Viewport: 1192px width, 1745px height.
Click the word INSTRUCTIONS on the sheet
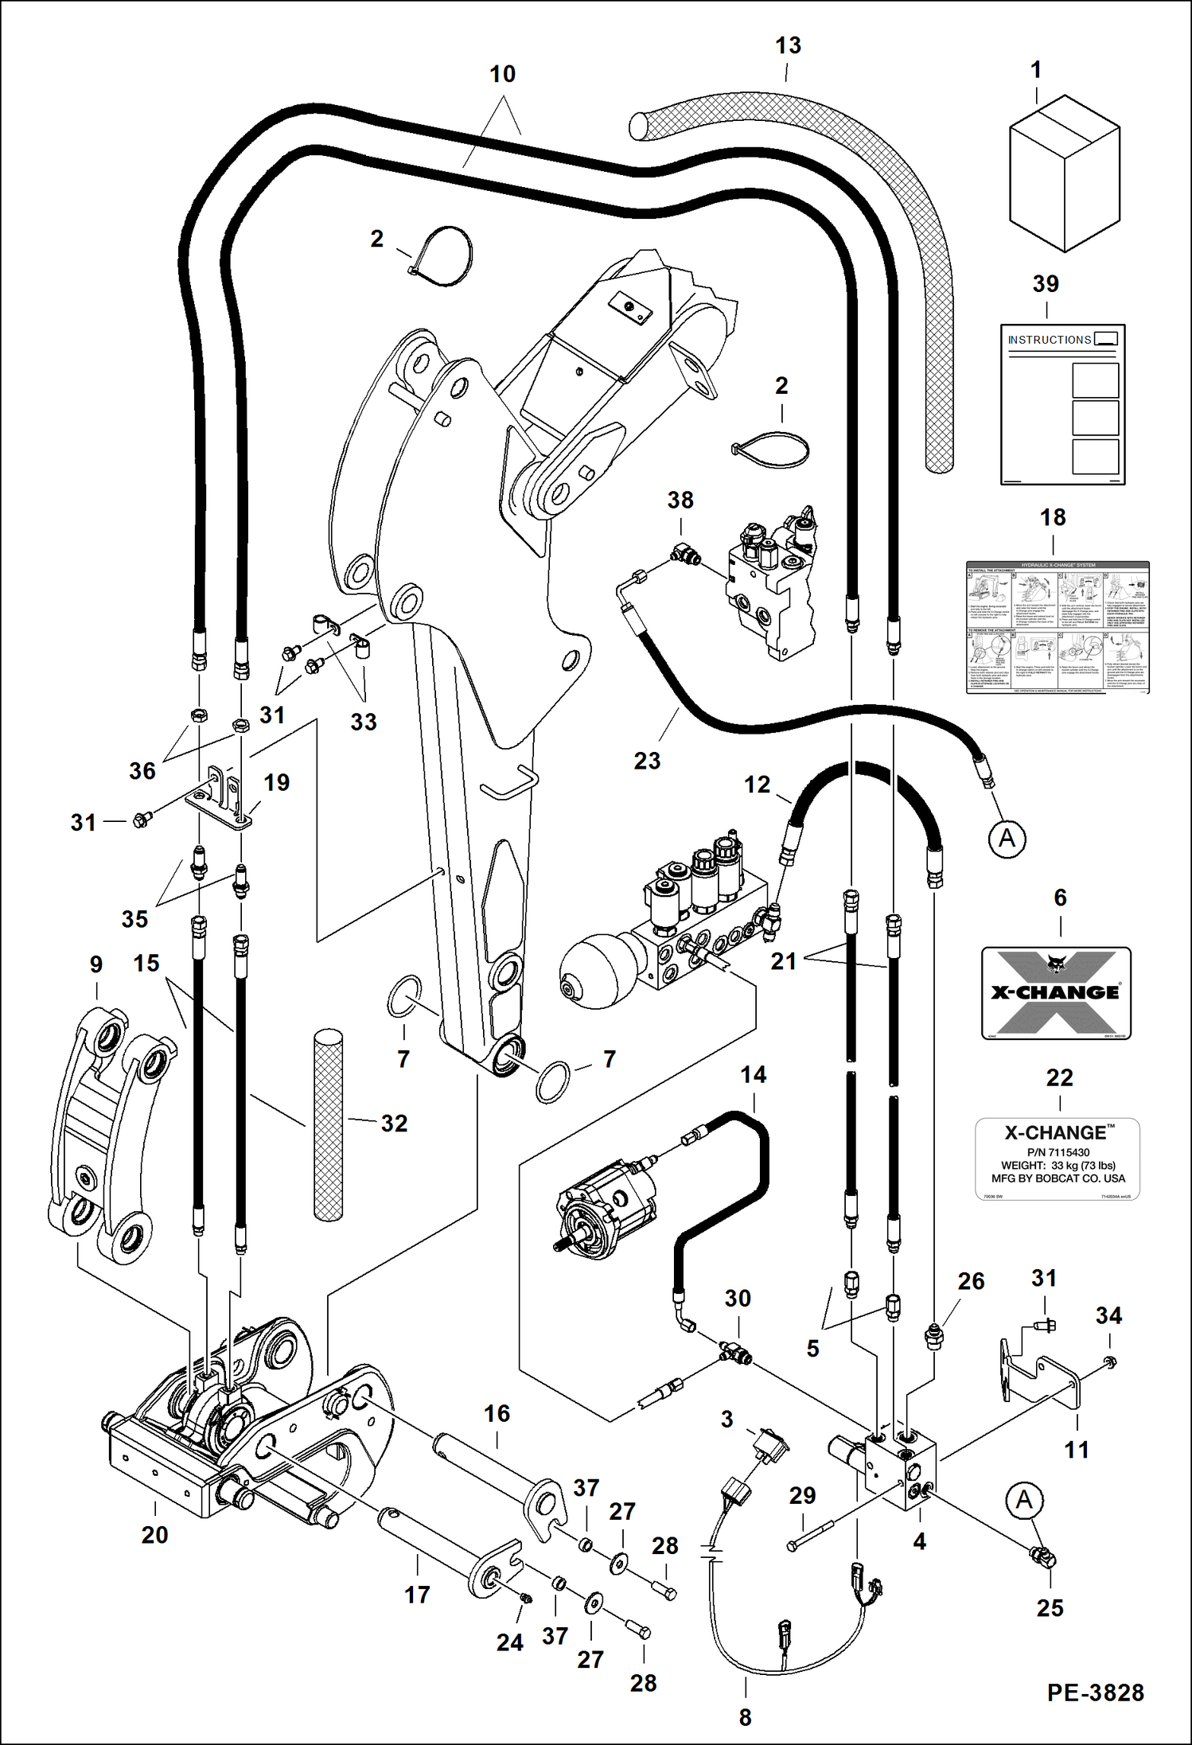pos(1049,340)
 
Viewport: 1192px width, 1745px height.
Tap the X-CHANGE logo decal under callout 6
pos(1055,992)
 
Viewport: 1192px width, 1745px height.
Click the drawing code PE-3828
pos(1095,1692)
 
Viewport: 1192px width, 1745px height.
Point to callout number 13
pos(788,46)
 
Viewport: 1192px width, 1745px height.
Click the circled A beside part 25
pos(1023,1500)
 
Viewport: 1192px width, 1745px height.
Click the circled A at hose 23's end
pos(1007,839)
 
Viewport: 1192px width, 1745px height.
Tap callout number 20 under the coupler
pos(154,1535)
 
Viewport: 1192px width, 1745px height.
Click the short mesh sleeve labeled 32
pos(328,1126)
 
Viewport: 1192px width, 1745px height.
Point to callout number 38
pos(680,501)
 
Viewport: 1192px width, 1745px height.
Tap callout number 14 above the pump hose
pos(753,1075)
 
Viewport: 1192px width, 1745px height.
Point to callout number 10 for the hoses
pos(502,74)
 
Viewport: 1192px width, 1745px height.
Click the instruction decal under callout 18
pos(1057,627)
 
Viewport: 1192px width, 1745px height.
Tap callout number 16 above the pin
pos(497,1414)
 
